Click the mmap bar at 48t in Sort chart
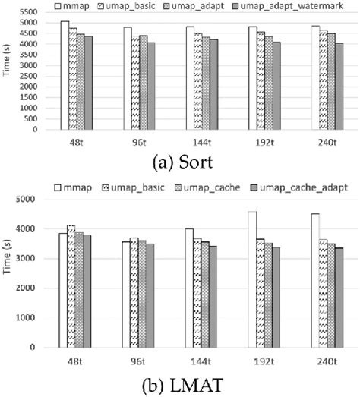coord(64,75)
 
